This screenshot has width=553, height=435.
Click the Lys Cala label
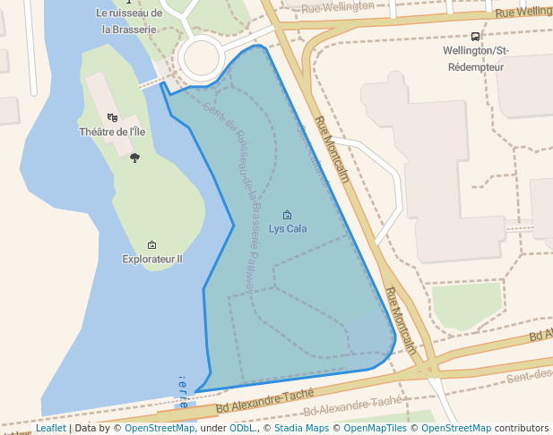point(288,229)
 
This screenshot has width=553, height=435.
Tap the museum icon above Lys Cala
point(287,215)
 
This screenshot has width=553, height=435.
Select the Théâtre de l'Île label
point(112,132)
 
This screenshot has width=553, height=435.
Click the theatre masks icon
point(112,117)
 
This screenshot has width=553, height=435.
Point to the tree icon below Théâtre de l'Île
point(134,158)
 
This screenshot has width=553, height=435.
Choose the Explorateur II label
point(152,260)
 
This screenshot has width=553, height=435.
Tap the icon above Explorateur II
point(151,244)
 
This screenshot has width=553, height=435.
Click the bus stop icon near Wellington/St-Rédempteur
point(474,37)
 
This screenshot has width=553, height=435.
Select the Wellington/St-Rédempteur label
point(474,58)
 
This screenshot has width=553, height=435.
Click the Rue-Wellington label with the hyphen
point(338,7)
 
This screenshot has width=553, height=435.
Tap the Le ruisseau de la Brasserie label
point(129,21)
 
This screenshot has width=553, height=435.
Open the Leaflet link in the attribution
point(51,429)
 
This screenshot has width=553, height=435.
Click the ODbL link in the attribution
point(243,429)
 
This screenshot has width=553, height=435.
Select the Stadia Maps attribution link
point(301,429)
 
